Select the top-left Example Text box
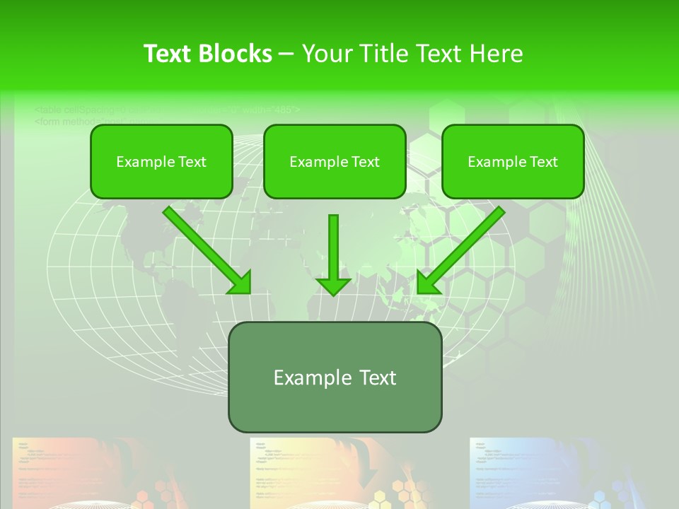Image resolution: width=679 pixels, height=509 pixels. click(x=161, y=161)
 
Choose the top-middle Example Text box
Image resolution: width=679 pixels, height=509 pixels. click(x=335, y=161)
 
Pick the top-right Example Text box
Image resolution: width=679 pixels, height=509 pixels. click(x=513, y=161)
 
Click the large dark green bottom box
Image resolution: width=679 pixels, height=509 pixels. click(x=335, y=378)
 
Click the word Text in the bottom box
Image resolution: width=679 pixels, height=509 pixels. click(x=373, y=378)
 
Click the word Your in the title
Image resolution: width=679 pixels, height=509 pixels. click(x=327, y=54)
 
